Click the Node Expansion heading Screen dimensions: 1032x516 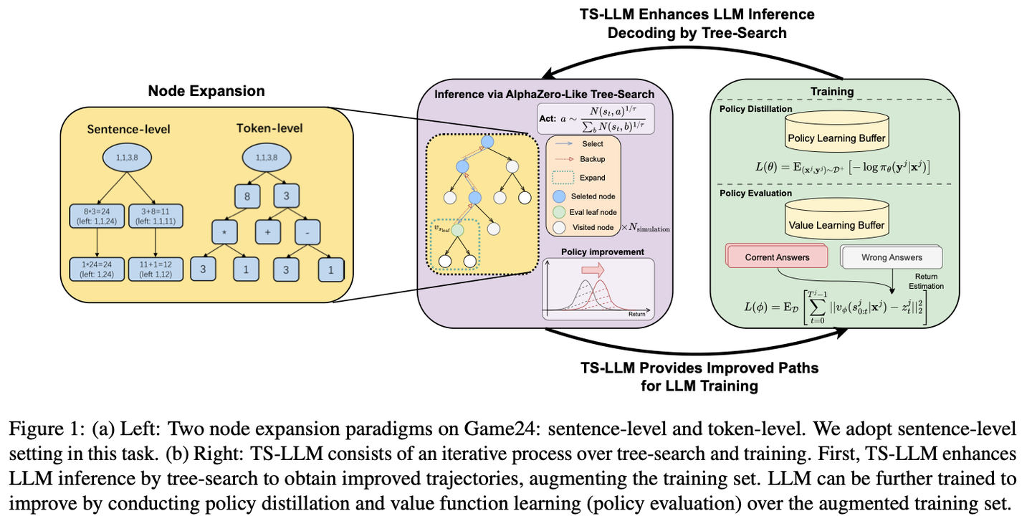pyautogui.click(x=206, y=91)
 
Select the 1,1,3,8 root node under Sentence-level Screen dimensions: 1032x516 pyautogui.click(x=127, y=158)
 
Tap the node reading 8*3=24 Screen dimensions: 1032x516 pyautogui.click(x=97, y=216)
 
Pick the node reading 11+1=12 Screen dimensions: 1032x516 pyautogui.click(x=156, y=269)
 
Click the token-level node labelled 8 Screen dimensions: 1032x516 pyautogui.click(x=247, y=196)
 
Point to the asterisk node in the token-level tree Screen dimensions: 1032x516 pyautogui.click(x=224, y=231)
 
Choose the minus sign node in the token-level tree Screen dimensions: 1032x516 pyautogui.click(x=307, y=231)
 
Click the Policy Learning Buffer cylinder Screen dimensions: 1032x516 pyautogui.click(x=836, y=131)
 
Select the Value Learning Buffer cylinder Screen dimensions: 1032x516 pyautogui.click(x=836, y=219)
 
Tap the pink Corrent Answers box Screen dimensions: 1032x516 pyautogui.click(x=777, y=257)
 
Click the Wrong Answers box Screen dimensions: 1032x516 pyautogui.click(x=892, y=257)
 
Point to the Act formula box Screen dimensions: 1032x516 pyautogui.click(x=596, y=119)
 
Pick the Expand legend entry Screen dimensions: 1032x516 pyautogui.click(x=578, y=178)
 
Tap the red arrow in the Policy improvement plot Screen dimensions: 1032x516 pyautogui.click(x=593, y=269)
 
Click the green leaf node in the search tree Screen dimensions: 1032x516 pyautogui.click(x=457, y=230)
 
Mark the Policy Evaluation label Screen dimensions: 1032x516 pyautogui.click(x=755, y=193)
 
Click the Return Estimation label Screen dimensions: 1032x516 pyautogui.click(x=926, y=281)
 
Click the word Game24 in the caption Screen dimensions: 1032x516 pyautogui.click(x=502, y=429)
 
